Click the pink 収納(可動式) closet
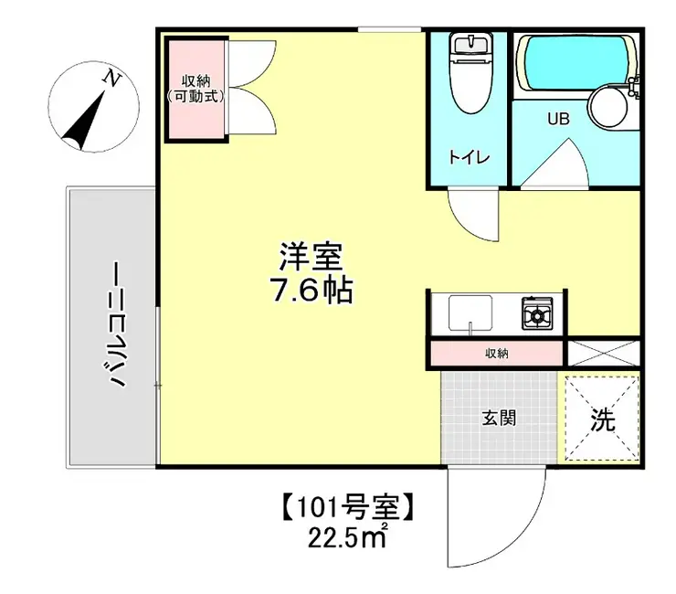[195, 89]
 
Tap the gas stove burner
[536, 313]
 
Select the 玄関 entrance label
[499, 419]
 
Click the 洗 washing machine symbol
[601, 419]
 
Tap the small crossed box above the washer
[602, 354]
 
